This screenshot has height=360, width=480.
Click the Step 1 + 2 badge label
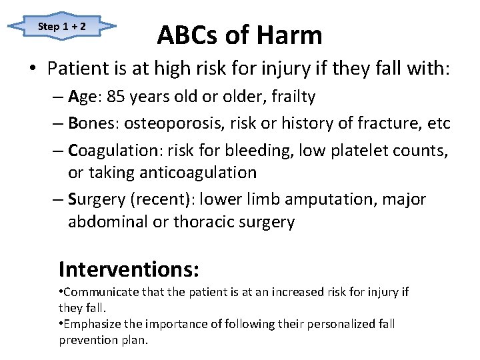(x=62, y=27)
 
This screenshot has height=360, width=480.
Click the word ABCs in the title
(x=188, y=35)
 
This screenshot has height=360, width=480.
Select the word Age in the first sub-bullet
(x=83, y=97)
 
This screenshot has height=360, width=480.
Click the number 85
(x=116, y=97)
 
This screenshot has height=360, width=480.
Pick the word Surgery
(x=95, y=199)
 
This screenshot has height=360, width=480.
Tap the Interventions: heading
(x=129, y=269)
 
